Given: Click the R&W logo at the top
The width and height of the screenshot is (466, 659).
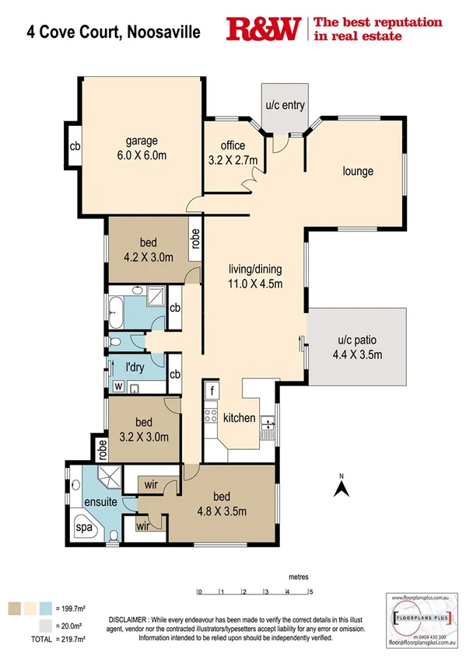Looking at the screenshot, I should [264, 30].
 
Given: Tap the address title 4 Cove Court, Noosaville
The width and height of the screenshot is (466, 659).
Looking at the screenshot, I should [113, 32].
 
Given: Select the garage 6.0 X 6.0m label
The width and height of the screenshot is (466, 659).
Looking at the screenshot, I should [142, 148].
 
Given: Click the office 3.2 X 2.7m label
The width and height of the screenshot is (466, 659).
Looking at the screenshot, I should [233, 152].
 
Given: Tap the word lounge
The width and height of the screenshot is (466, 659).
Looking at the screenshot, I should [358, 171].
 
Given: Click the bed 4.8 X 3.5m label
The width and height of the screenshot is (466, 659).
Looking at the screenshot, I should [221, 504].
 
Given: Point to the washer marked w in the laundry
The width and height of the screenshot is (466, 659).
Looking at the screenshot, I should [118, 385].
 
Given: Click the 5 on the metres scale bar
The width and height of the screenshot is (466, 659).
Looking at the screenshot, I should [310, 592].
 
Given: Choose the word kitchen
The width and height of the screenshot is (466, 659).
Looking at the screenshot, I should [239, 418].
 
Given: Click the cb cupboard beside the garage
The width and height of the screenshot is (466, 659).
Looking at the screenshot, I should [75, 146].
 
